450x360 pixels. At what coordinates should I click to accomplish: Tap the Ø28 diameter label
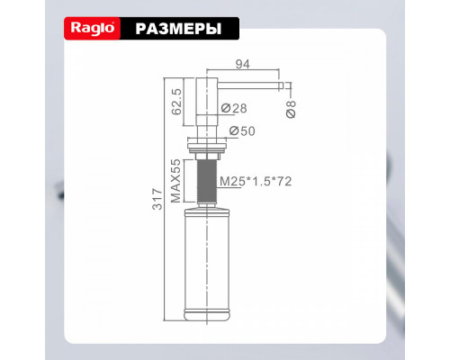pyautogui.click(x=235, y=109)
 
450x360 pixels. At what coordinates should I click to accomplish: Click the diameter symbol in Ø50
pyautogui.click(x=234, y=132)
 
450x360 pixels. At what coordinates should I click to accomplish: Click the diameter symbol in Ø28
pyautogui.click(x=225, y=109)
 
